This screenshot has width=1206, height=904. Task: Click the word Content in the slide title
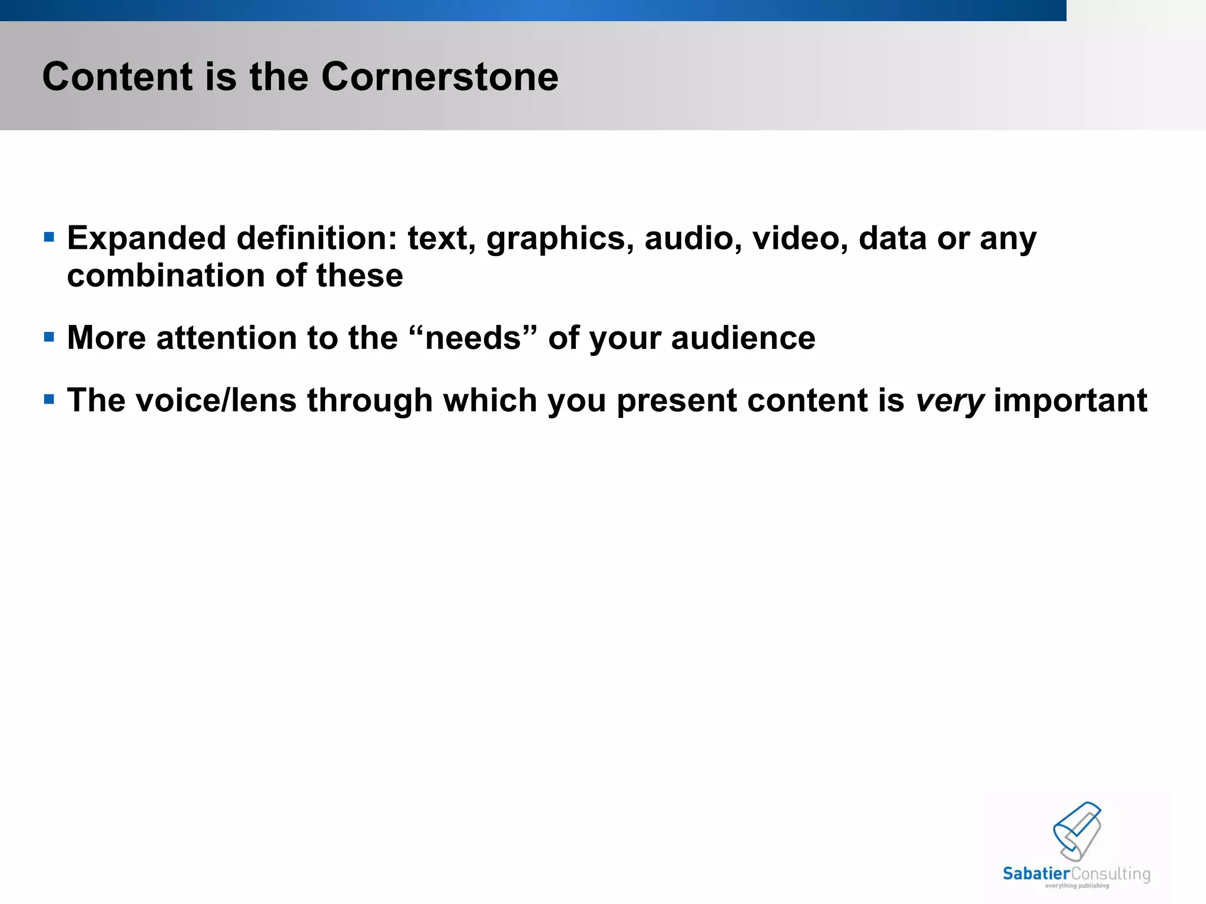pyautogui.click(x=117, y=77)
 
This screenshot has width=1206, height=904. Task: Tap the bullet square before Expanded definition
pyautogui.click(x=49, y=238)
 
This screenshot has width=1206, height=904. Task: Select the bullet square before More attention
pyautogui.click(x=49, y=337)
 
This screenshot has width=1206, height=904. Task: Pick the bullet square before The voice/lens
pyautogui.click(x=49, y=400)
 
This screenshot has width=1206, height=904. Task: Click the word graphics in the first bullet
pyautogui.click(x=560, y=240)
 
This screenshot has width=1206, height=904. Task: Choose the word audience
pyautogui.click(x=743, y=338)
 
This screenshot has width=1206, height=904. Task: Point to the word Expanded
pyautogui.click(x=147, y=240)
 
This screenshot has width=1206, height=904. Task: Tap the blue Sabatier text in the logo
pyautogui.click(x=1036, y=873)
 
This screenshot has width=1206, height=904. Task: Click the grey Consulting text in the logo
pyautogui.click(x=1110, y=874)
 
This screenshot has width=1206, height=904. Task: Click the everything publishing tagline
pyautogui.click(x=1076, y=886)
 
